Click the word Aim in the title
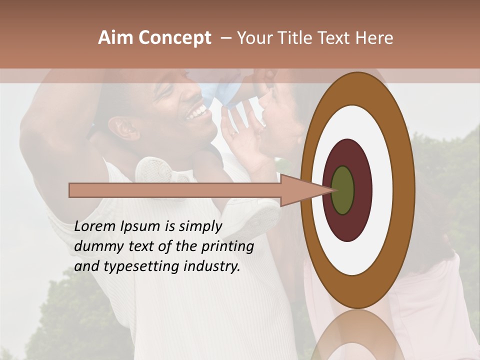(116, 38)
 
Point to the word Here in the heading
(375, 38)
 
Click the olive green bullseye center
(343, 190)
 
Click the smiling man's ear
(122, 128)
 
